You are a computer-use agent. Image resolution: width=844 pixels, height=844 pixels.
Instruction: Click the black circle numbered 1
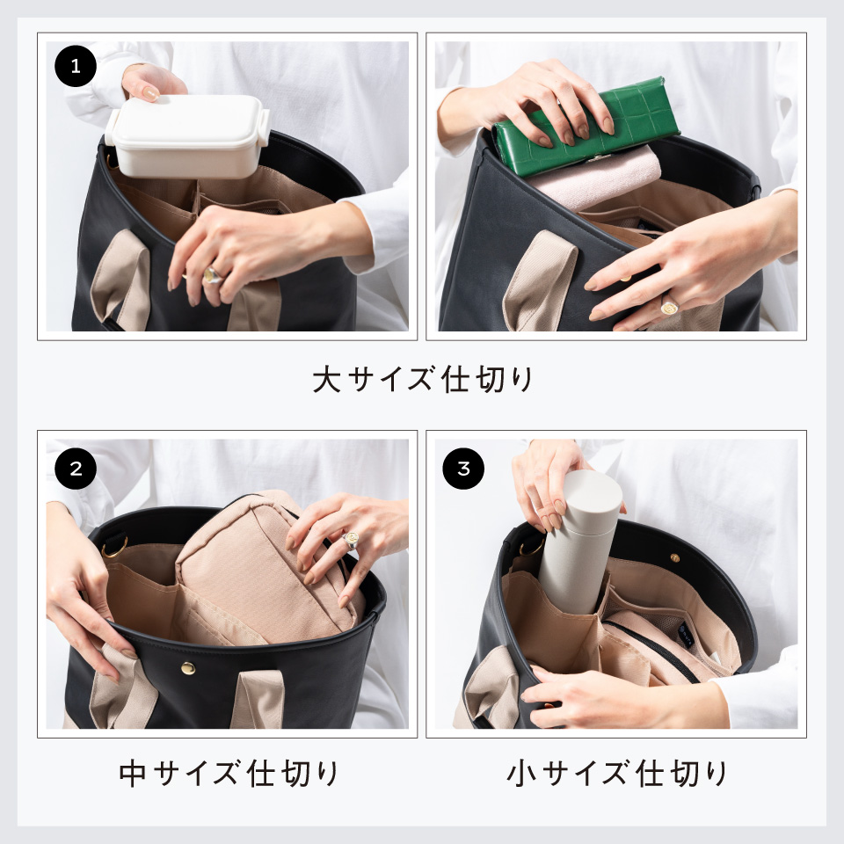coord(76,68)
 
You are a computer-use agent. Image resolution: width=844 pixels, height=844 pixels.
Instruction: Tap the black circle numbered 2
coord(76,468)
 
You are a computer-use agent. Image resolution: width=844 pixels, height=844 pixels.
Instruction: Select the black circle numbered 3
coord(463,468)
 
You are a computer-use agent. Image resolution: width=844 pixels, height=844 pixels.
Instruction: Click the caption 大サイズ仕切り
coord(422,380)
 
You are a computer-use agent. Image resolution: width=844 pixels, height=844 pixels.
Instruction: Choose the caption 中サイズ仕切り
coord(228,774)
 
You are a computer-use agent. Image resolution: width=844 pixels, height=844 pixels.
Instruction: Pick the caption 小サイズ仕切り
coord(616,774)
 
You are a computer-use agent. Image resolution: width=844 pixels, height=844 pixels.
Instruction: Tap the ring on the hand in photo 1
coord(213,275)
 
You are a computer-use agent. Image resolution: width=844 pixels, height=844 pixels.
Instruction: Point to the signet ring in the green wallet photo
coord(669,306)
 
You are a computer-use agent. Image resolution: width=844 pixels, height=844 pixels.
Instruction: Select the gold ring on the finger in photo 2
coord(351,542)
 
